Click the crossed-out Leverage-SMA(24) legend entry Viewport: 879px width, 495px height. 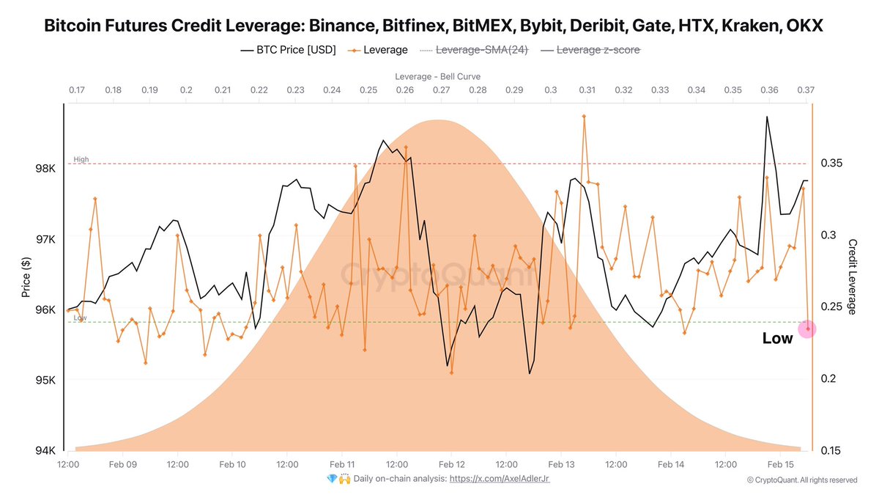coord(473,51)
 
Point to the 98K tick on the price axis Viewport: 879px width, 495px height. coord(45,169)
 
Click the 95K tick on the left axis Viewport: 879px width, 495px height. coord(45,380)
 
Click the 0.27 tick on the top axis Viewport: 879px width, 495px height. coord(441,89)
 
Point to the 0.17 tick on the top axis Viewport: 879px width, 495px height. coord(76,89)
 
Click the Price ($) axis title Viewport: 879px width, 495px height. coord(26,277)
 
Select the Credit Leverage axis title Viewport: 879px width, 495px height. coord(852,277)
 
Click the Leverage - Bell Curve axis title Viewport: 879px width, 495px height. coord(437,76)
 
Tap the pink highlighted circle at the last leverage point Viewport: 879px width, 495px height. coord(807,329)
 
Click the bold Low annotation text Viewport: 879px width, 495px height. coord(777,339)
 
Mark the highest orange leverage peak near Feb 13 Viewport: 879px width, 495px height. coord(584,116)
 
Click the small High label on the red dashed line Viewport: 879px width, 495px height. coord(81,159)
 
